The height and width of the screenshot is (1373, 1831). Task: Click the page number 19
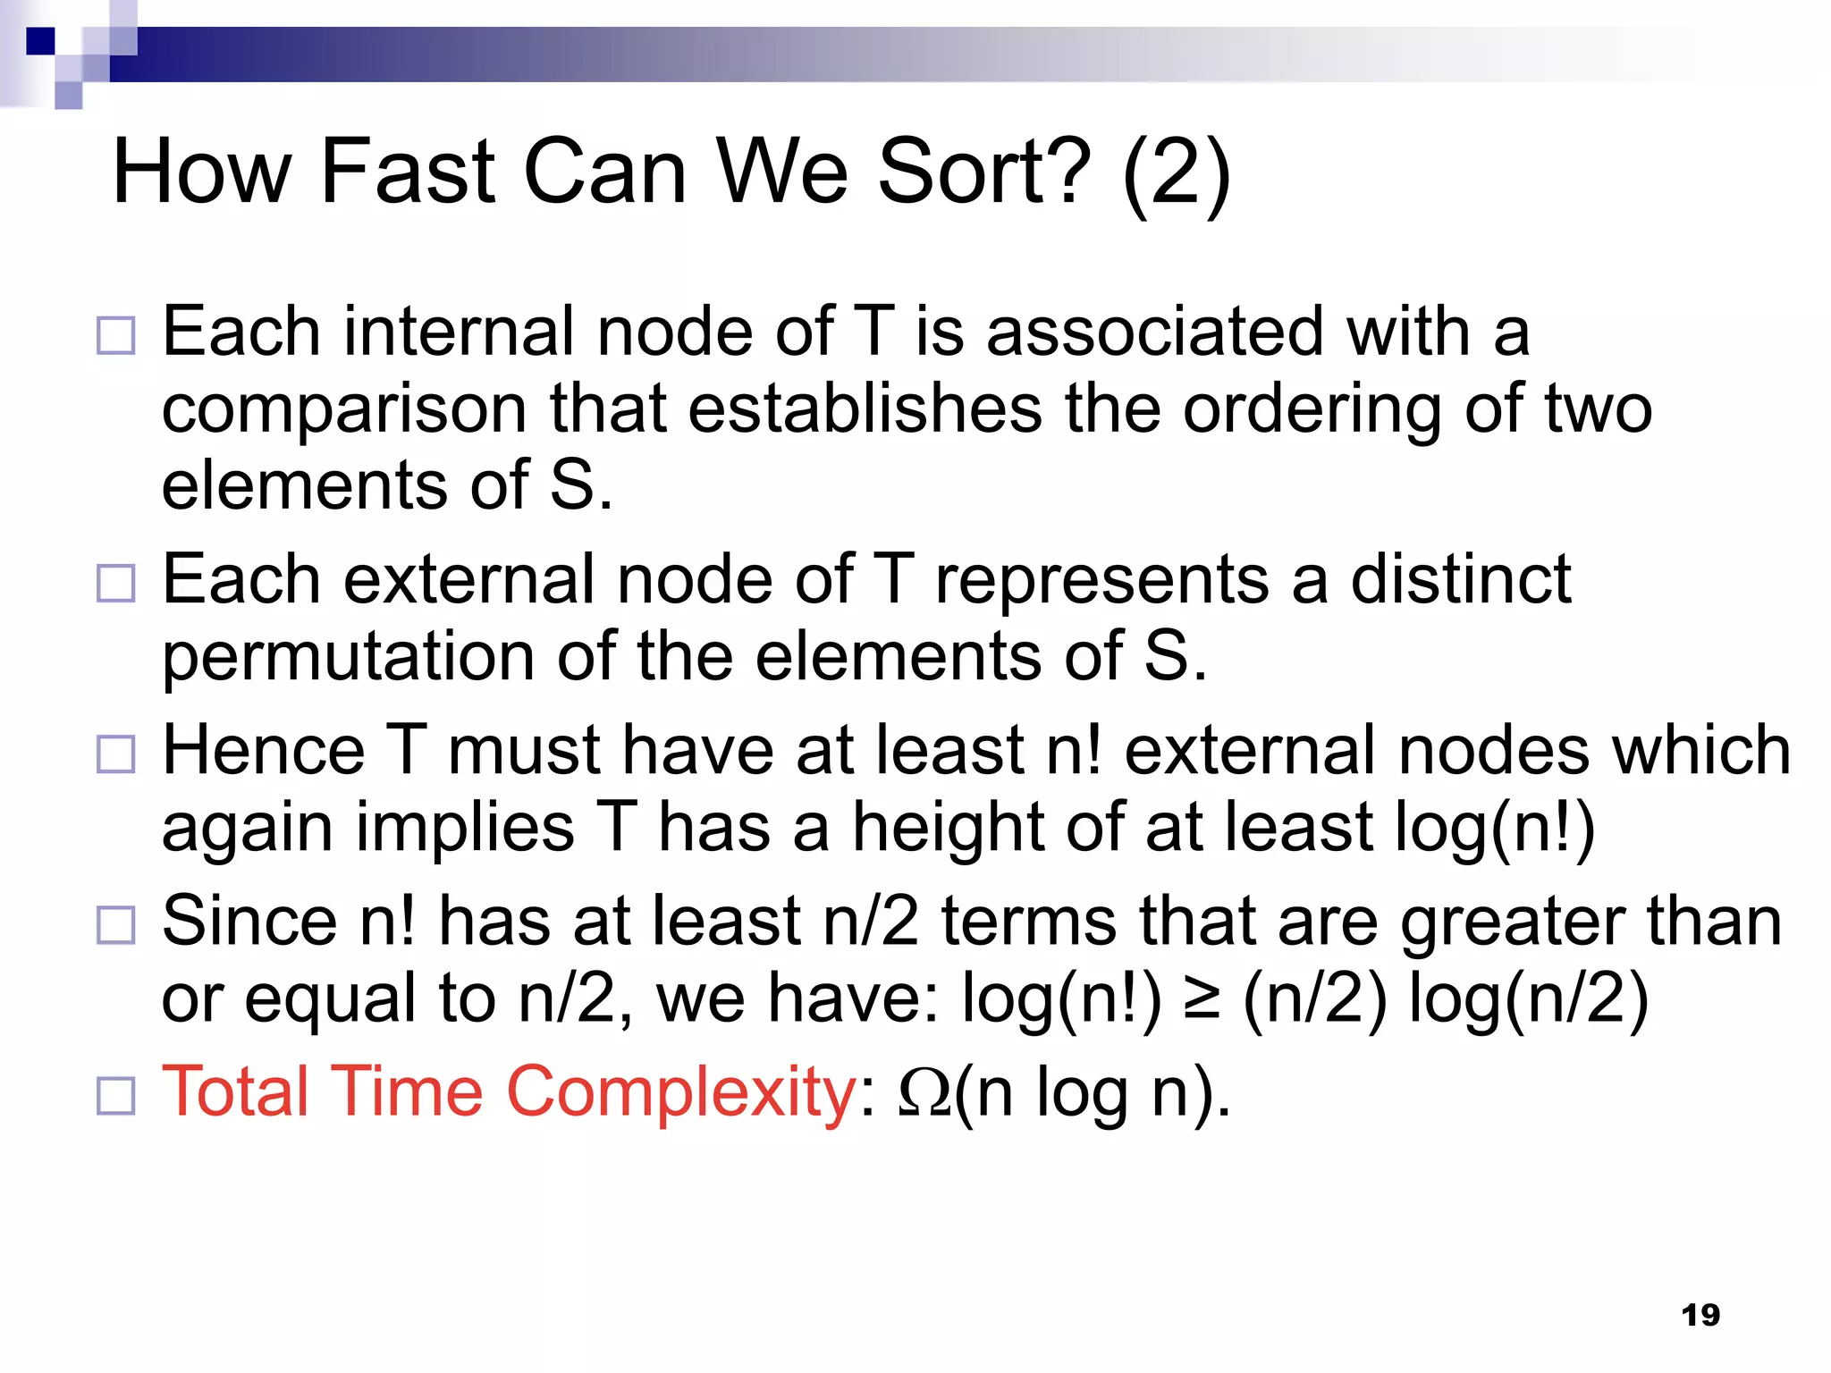pyautogui.click(x=1700, y=1315)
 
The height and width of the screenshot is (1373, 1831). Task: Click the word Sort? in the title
pyautogui.click(x=984, y=172)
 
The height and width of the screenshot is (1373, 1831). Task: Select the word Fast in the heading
pyautogui.click(x=407, y=172)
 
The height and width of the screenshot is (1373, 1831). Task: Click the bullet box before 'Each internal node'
pyautogui.click(x=116, y=336)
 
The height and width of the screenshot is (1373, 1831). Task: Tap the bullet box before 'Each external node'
pyautogui.click(x=116, y=584)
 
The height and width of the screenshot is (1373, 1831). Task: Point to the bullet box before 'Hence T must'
pyautogui.click(x=116, y=754)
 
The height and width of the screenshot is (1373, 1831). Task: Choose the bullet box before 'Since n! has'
pyautogui.click(x=116, y=925)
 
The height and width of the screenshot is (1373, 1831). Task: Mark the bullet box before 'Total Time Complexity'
pyautogui.click(x=116, y=1096)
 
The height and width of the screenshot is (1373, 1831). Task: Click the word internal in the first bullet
pyautogui.click(x=460, y=332)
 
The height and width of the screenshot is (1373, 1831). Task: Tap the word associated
pyautogui.click(x=1154, y=332)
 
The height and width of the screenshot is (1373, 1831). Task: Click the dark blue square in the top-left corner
pyautogui.click(x=40, y=41)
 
